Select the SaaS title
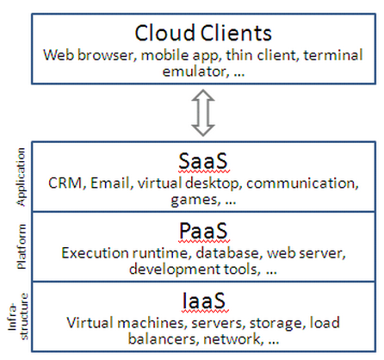tap(200, 161)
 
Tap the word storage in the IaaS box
tap(258, 323)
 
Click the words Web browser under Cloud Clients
tap(87, 55)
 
